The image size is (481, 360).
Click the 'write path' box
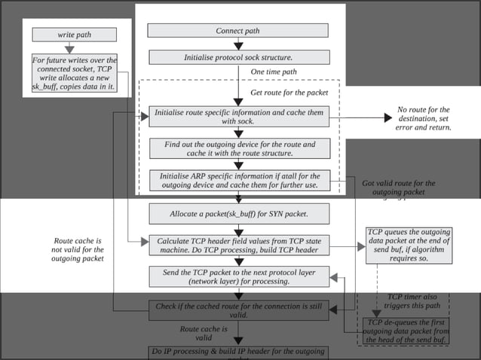pos(75,35)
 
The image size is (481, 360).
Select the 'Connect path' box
pos(237,31)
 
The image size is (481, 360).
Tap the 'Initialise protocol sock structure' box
pos(239,57)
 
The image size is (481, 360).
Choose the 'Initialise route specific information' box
pos(239,116)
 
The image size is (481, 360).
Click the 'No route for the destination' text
pos(423,118)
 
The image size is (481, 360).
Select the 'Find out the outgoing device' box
pos(239,148)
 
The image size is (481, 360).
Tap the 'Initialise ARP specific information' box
pos(239,180)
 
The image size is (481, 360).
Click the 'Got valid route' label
pos(398,188)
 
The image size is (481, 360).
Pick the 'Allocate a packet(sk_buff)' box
pos(239,214)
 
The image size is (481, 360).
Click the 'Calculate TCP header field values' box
pos(239,245)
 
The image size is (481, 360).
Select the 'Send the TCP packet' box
pos(239,276)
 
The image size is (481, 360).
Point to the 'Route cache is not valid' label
pos(78,249)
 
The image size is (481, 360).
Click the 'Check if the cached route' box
pos(239,310)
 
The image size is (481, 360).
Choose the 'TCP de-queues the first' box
pos(407,331)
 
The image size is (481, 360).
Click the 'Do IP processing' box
pos(239,352)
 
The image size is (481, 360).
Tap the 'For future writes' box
pos(75,75)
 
